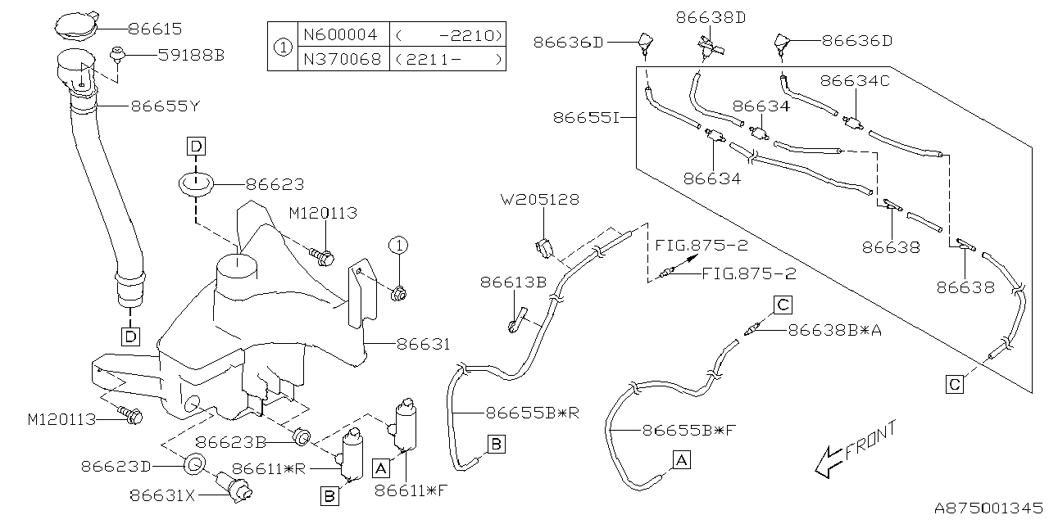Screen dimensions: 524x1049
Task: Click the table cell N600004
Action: pos(340,35)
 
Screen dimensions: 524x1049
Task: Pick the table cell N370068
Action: pos(340,59)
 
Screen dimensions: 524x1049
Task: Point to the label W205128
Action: pos(541,199)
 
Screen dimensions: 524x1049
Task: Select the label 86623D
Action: pos(116,466)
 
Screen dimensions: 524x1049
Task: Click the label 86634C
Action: pos(854,81)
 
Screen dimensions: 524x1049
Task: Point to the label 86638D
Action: pos(711,16)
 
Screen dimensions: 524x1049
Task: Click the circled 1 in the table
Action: pos(281,47)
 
